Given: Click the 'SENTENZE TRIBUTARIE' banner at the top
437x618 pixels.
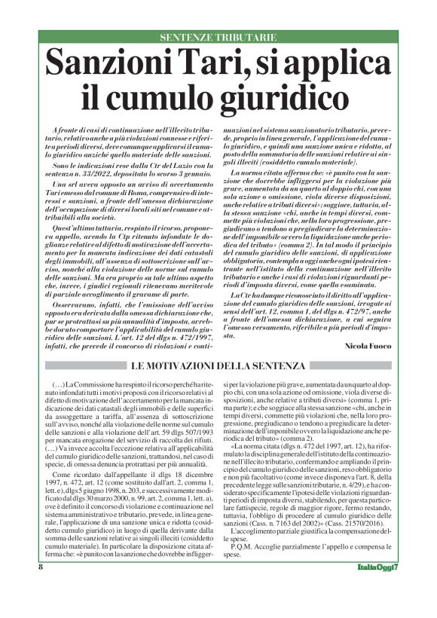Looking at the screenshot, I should pos(218,37).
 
